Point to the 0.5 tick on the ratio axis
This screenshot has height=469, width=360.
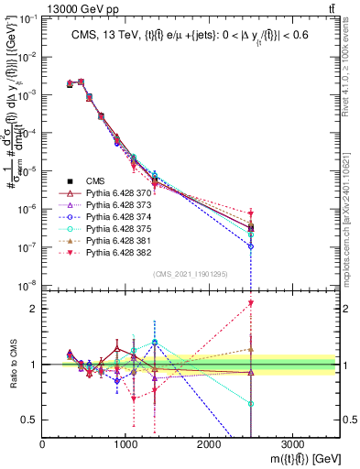pyautogui.click(x=33, y=420)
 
